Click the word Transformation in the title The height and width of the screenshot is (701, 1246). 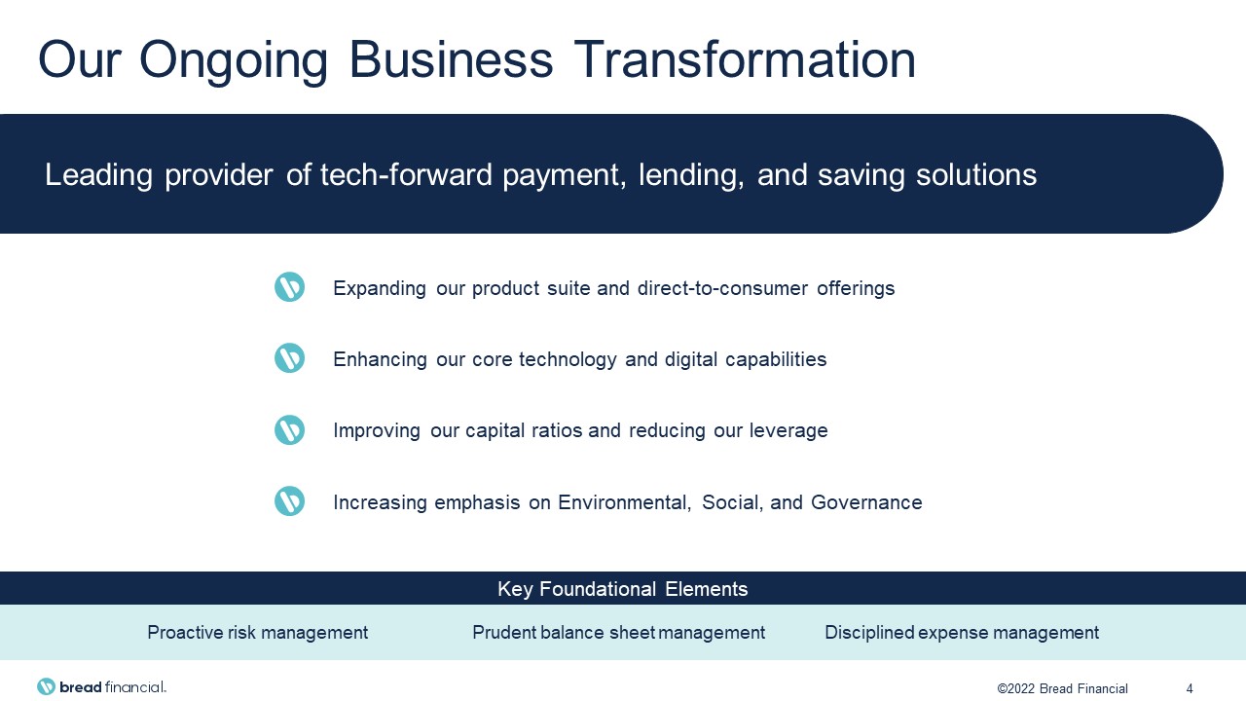pos(745,59)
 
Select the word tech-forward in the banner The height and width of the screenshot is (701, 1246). pos(406,174)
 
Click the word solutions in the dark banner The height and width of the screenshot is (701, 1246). pos(976,174)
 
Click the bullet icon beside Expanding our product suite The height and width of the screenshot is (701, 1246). pos(290,287)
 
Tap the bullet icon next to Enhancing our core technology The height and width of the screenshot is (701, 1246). pos(290,357)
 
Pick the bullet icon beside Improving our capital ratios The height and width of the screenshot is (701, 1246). pos(290,429)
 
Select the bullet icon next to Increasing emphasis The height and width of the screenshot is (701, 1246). pos(290,500)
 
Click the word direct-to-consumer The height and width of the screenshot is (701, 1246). pos(722,288)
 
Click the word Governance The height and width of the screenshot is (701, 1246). pos(866,502)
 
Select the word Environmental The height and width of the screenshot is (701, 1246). pos(624,503)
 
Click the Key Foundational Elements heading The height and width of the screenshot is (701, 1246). pos(622,589)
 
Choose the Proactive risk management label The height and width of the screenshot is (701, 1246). pos(258,633)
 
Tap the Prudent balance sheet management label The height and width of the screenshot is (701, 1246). pos(618,633)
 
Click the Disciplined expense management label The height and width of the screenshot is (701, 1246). pos(962,633)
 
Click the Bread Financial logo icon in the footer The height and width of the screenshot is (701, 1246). pos(46,686)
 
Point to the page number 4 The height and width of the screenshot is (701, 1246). pos(1190,688)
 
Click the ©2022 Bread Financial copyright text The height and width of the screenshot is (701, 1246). pos(1062,688)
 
